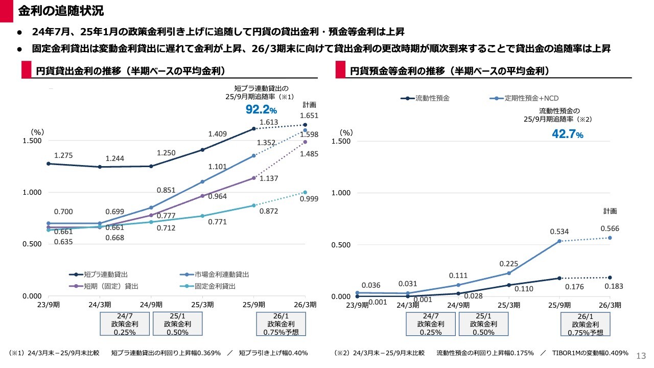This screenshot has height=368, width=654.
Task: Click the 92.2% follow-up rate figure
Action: point(261,109)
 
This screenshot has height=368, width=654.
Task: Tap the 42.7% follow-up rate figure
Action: point(567,134)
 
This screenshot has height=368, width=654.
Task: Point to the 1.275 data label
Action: point(63,155)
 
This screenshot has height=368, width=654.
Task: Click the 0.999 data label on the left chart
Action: point(310,199)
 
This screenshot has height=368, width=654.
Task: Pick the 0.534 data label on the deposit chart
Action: point(559,232)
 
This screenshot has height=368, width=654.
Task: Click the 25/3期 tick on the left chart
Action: point(202,305)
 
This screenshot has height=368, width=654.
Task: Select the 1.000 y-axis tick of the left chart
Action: point(33,193)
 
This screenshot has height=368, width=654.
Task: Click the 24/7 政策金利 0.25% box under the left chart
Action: point(125,324)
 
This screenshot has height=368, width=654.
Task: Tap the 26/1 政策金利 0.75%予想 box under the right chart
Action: point(586,324)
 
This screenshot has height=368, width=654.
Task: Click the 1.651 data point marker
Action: point(305,125)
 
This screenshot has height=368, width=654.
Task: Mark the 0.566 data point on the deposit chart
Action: point(610,238)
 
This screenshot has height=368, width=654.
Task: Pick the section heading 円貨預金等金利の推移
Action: point(450,71)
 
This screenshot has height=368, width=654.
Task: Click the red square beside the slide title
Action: point(6,11)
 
